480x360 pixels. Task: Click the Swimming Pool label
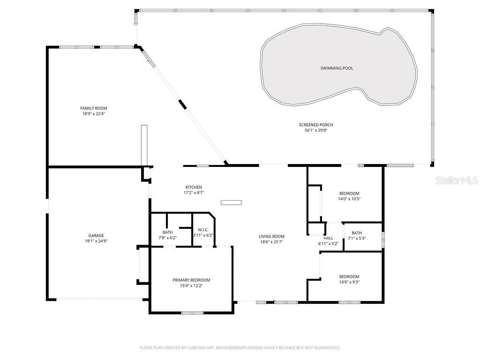(337, 68)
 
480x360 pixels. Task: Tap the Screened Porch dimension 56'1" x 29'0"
(315, 130)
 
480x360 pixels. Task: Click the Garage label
(96, 235)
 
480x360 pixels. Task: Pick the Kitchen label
(194, 187)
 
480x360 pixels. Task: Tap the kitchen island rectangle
(232, 202)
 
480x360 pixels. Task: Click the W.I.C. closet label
(203, 230)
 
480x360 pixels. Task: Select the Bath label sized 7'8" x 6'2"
(167, 232)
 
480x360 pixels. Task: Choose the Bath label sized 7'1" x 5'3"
(357, 233)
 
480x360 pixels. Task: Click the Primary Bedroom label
(191, 280)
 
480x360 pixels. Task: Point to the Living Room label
(271, 236)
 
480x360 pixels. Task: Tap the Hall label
(328, 238)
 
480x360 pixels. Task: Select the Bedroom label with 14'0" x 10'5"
(349, 193)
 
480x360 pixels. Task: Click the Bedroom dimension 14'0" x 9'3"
(349, 282)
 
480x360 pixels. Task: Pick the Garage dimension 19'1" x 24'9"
(96, 241)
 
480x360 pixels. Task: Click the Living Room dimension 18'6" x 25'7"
(271, 242)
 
